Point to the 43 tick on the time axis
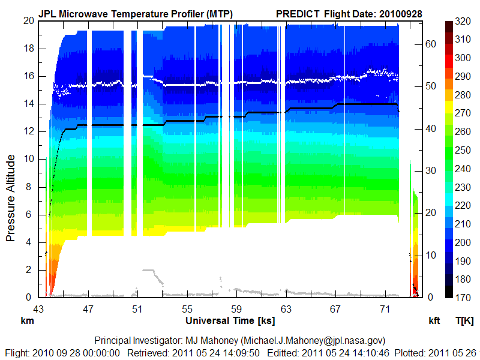coord(38,309)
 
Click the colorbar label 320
coord(463,21)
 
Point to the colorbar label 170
coord(463,297)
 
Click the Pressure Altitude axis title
coord(11,198)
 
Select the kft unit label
coord(434,320)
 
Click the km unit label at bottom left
coord(28,320)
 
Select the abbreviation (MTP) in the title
coord(218,13)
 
